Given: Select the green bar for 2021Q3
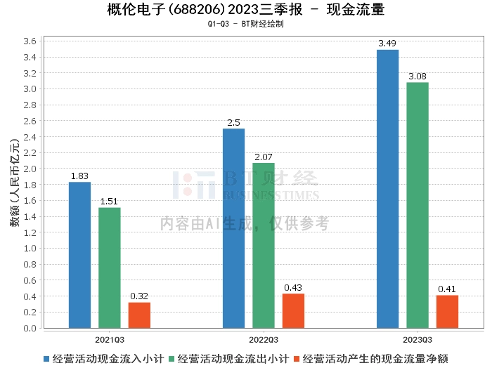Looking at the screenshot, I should (x=110, y=268).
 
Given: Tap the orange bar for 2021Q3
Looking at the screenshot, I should (x=139, y=315).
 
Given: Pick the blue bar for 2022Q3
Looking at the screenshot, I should (x=233, y=228).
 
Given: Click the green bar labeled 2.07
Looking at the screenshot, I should (x=264, y=245).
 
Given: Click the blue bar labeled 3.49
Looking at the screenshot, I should (x=387, y=189).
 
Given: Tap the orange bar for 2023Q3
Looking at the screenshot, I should (x=447, y=312).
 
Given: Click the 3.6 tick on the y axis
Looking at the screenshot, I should (x=30, y=41).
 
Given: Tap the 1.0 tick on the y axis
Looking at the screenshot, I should (x=30, y=249).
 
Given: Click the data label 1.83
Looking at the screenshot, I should (x=79, y=176).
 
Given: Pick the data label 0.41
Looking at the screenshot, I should (x=447, y=289).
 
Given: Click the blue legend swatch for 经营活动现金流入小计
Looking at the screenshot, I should (x=46, y=359).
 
